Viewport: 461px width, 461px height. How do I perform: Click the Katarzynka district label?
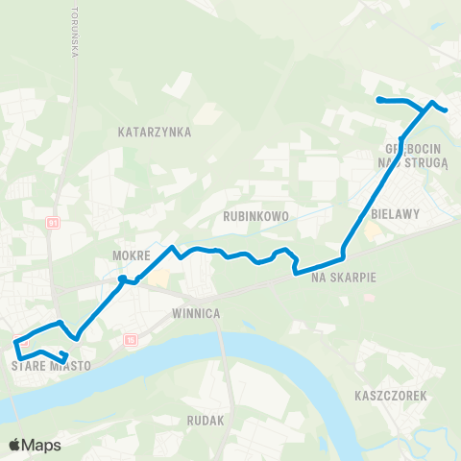pyautogui.click(x=155, y=131)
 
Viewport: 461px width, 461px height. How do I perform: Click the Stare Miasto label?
pyautogui.click(x=50, y=366)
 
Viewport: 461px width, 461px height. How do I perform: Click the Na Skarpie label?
pyautogui.click(x=343, y=277)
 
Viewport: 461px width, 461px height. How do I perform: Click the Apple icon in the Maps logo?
pyautogui.click(x=14, y=446)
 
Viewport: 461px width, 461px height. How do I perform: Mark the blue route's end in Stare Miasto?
pyautogui.click(x=64, y=361)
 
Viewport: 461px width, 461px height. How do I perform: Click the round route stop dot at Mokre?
pyautogui.click(x=122, y=279)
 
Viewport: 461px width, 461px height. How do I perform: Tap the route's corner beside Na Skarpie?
pyautogui.click(x=343, y=257)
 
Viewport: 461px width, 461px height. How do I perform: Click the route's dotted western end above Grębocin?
pyautogui.click(x=379, y=100)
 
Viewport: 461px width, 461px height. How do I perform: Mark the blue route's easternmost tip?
pyautogui.click(x=447, y=110)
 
